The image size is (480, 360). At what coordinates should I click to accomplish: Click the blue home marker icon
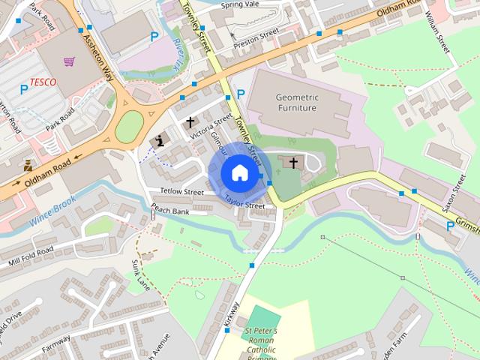[x=238, y=172]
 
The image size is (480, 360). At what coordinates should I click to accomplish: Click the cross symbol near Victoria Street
[x=190, y=121]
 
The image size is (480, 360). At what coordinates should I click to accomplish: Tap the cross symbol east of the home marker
[x=293, y=161]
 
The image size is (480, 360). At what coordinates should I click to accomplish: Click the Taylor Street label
[x=245, y=202]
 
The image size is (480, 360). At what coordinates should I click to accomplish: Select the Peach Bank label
[x=169, y=211]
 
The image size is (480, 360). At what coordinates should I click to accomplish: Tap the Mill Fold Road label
[x=31, y=253]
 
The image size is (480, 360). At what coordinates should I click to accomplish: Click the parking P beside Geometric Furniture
[x=240, y=94]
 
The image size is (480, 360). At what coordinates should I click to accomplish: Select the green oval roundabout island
[x=129, y=126]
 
